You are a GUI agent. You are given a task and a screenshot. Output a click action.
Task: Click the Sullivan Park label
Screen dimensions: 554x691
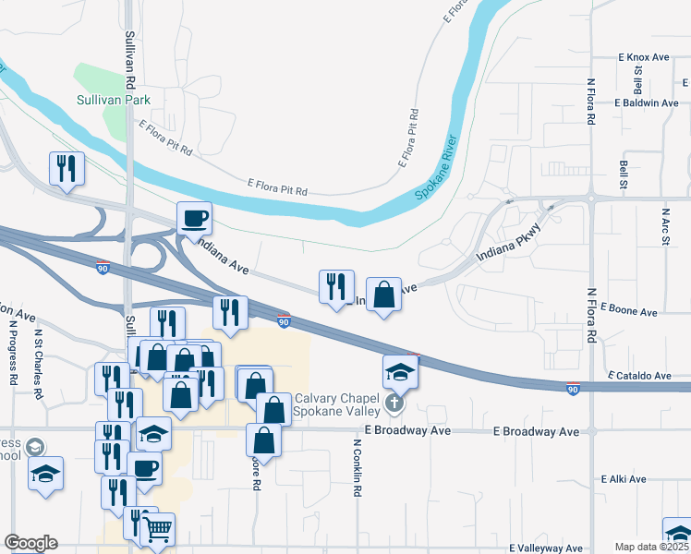(115, 100)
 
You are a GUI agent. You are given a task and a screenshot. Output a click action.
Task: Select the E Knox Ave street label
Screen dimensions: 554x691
(643, 57)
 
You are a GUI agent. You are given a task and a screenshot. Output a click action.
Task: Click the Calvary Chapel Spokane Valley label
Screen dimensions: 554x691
(338, 404)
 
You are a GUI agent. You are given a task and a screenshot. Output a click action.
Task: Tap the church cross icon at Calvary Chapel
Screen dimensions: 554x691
(394, 403)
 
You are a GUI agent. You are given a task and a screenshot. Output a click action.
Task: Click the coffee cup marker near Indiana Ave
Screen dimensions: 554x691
(194, 220)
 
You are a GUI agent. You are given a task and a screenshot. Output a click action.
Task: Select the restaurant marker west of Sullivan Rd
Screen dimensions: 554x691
(67, 169)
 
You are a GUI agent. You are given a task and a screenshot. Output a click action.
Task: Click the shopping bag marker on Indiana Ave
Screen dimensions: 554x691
(383, 295)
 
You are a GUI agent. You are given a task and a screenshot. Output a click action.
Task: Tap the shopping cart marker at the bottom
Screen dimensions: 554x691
(157, 529)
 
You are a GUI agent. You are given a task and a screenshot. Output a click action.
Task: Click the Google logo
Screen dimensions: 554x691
(30, 543)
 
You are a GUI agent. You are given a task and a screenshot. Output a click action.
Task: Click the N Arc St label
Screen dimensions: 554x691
(665, 226)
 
